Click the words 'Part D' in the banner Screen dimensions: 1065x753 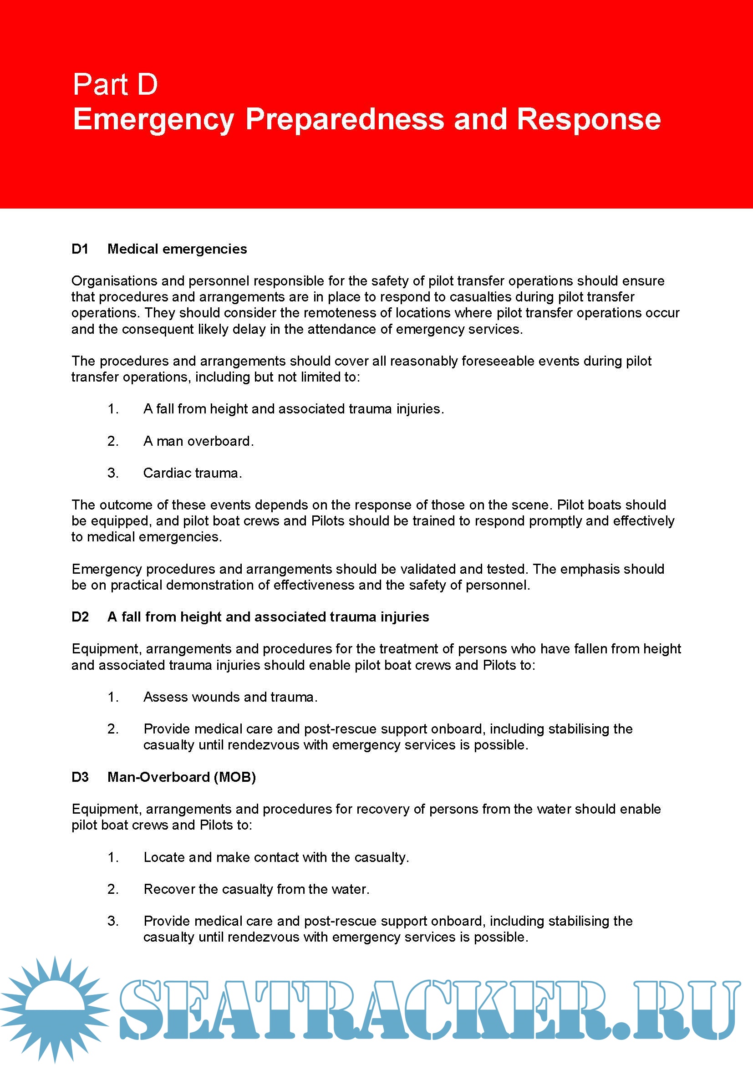coord(116,85)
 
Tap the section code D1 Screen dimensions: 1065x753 coord(80,249)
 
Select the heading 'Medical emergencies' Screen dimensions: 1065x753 coord(177,249)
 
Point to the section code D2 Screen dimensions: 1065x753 coord(80,617)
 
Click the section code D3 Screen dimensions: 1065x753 coord(80,777)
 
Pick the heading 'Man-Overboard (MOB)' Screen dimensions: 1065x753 coord(182,777)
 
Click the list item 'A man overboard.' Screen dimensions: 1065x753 coord(198,441)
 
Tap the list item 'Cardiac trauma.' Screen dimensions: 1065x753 coord(193,473)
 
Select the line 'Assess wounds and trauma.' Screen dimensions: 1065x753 coord(230,697)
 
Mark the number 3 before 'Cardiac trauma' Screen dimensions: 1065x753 coord(112,473)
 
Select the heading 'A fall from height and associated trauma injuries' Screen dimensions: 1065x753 coord(268,617)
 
